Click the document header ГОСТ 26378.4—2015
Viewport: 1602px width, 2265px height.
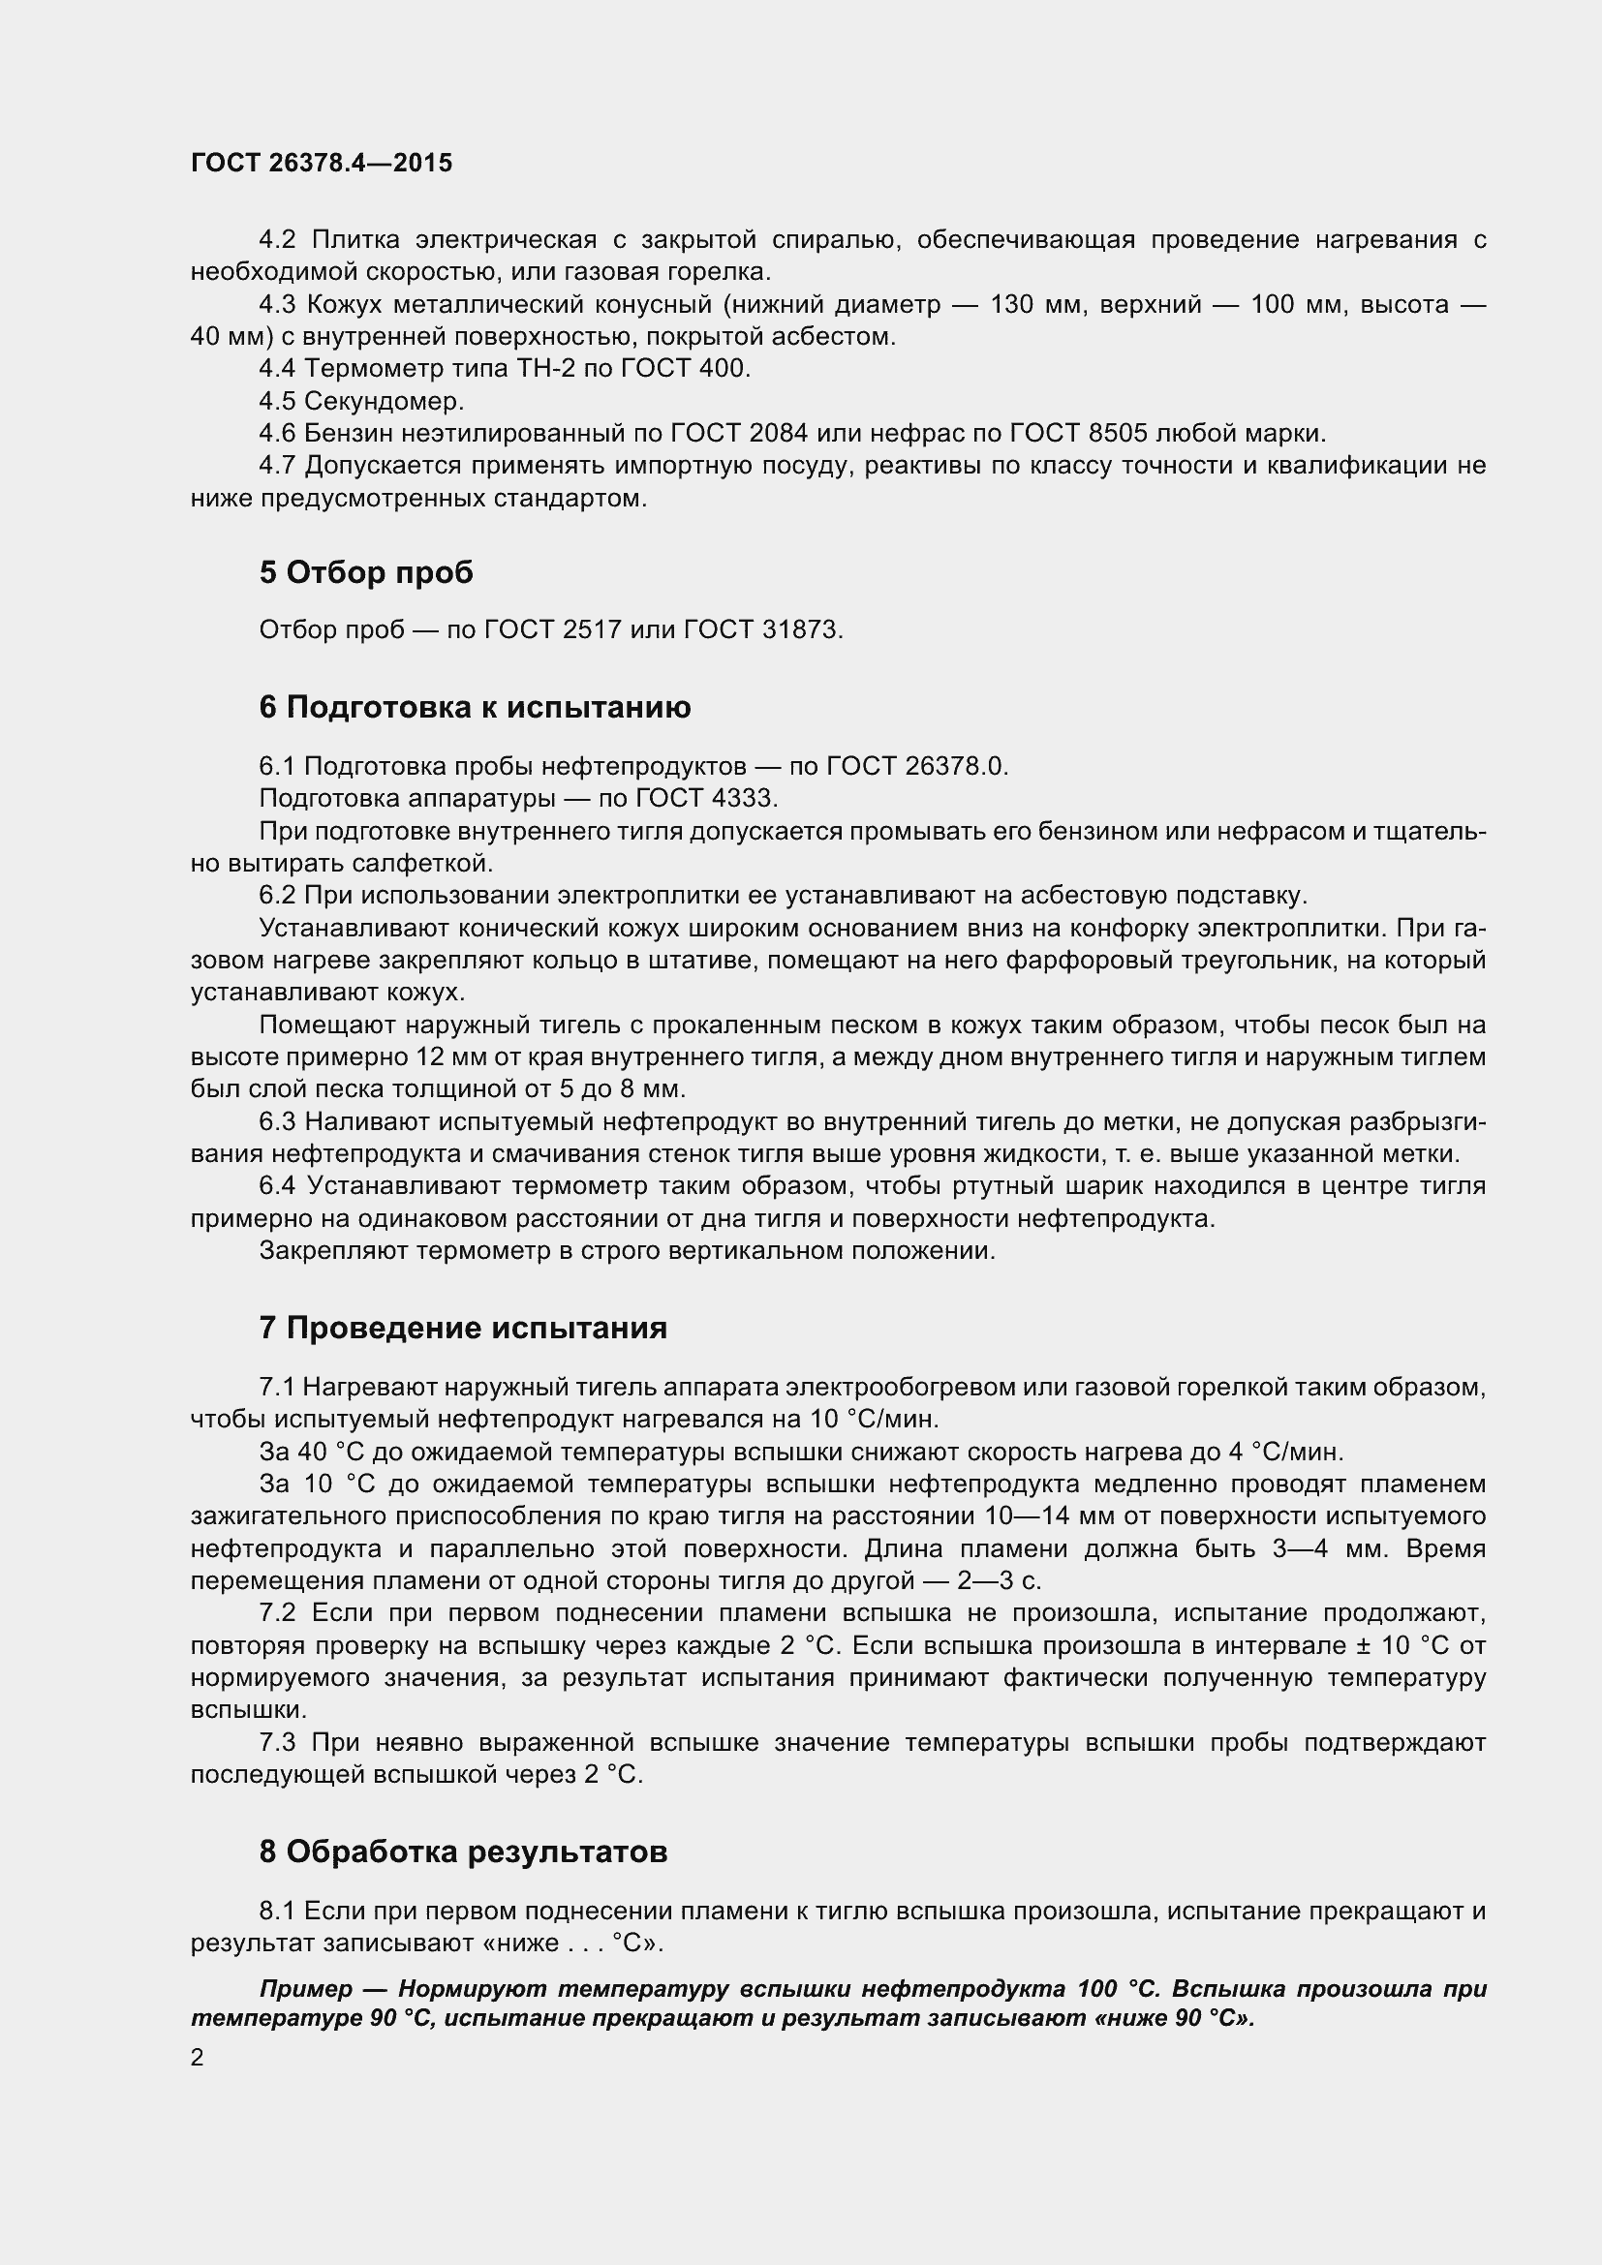322,163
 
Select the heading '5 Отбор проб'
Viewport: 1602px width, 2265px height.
366,572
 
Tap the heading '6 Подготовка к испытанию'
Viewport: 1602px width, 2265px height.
475,707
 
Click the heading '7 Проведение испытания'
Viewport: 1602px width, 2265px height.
463,1328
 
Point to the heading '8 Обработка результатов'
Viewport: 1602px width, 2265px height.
463,1852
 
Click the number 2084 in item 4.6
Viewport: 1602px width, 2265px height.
779,433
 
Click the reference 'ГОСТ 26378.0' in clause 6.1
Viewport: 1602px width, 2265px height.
916,766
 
